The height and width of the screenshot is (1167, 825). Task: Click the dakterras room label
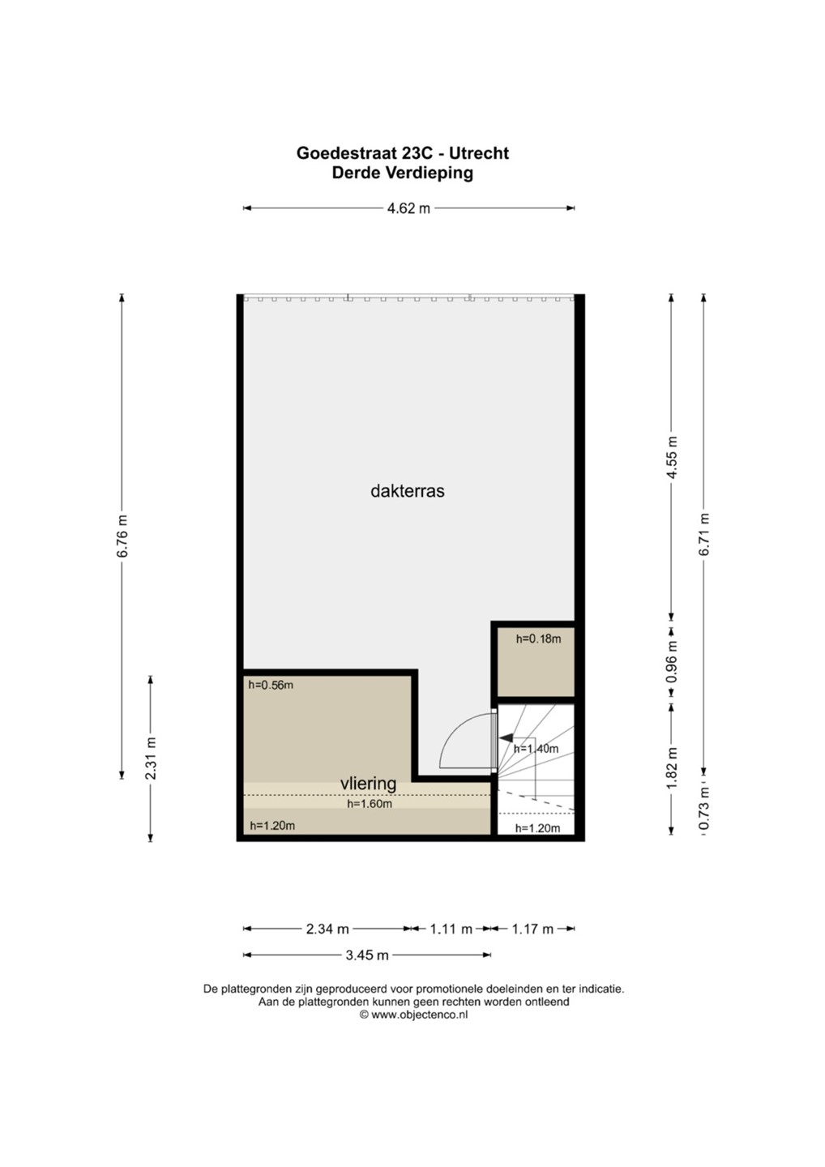pos(408,491)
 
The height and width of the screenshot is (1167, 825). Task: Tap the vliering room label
pos(368,784)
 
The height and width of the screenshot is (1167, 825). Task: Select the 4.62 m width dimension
pos(409,208)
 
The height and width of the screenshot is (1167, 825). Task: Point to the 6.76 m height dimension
pos(122,536)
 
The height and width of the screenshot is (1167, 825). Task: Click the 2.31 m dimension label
pos(151,759)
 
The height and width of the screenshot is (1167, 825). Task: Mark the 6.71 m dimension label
pos(704,535)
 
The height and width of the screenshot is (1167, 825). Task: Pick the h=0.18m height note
pos(539,639)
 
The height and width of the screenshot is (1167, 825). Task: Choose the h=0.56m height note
pos(271,685)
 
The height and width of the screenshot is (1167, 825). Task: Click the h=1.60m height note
pos(370,804)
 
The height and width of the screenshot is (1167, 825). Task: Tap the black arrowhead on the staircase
pos(507,737)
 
